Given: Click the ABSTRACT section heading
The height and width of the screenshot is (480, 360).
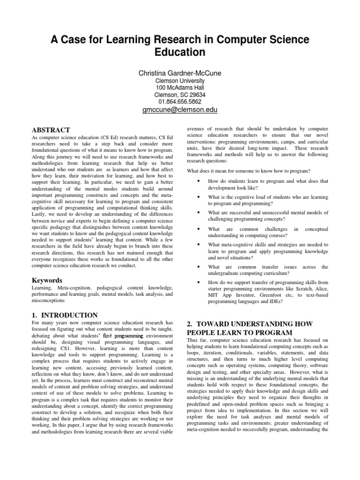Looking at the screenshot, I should tap(51, 130).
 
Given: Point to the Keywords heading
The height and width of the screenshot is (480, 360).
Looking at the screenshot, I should tap(48, 280).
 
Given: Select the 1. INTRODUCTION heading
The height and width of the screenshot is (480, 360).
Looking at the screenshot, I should tap(65, 315).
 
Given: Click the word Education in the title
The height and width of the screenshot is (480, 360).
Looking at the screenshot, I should tap(180, 52).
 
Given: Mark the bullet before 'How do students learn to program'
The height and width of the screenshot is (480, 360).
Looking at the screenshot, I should tap(200, 181).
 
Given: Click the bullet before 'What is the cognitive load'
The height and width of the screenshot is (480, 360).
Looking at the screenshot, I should tap(200, 197).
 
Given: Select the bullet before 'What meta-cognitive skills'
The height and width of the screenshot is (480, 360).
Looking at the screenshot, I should tap(200, 245).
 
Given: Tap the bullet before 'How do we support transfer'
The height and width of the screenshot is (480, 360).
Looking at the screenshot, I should tap(200, 283).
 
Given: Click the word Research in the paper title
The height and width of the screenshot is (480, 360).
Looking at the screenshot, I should tap(174, 38).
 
